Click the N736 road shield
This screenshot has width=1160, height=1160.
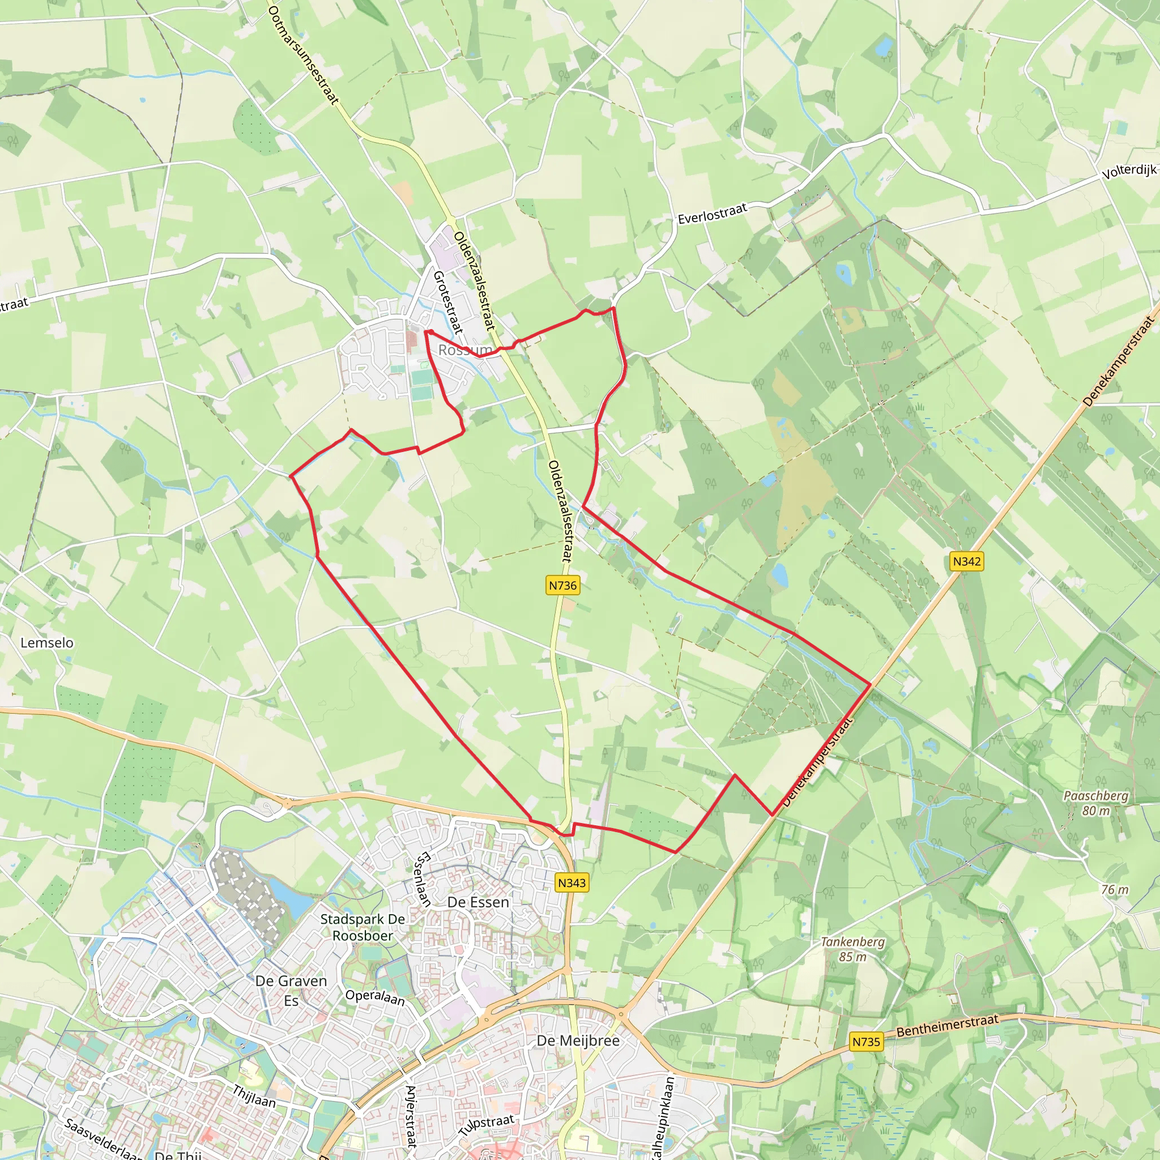tap(562, 586)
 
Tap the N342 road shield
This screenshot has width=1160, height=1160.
tap(967, 561)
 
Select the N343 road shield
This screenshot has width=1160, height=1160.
tap(571, 882)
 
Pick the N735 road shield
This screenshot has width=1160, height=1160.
tap(866, 1042)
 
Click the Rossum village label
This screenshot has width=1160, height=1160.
tap(464, 350)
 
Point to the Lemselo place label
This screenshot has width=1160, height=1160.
tap(47, 642)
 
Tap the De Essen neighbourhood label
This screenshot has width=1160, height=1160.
tap(478, 902)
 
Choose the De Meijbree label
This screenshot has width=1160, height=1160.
tap(578, 1040)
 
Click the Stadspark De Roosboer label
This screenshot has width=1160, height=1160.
tap(362, 927)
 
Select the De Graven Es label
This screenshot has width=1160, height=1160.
tap(291, 990)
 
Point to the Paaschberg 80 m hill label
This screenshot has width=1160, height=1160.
tap(1096, 803)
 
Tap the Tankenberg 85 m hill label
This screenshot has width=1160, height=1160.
tap(852, 949)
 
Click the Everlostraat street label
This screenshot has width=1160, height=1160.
tap(712, 214)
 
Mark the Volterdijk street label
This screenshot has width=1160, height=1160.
tap(1129, 172)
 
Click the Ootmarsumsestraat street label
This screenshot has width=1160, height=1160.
tap(304, 56)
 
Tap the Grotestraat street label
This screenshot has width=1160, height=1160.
tap(448, 302)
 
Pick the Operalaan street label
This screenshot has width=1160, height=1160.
tap(374, 997)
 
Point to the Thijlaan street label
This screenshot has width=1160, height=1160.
tap(254, 1097)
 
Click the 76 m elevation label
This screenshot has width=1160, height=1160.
tap(1115, 890)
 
